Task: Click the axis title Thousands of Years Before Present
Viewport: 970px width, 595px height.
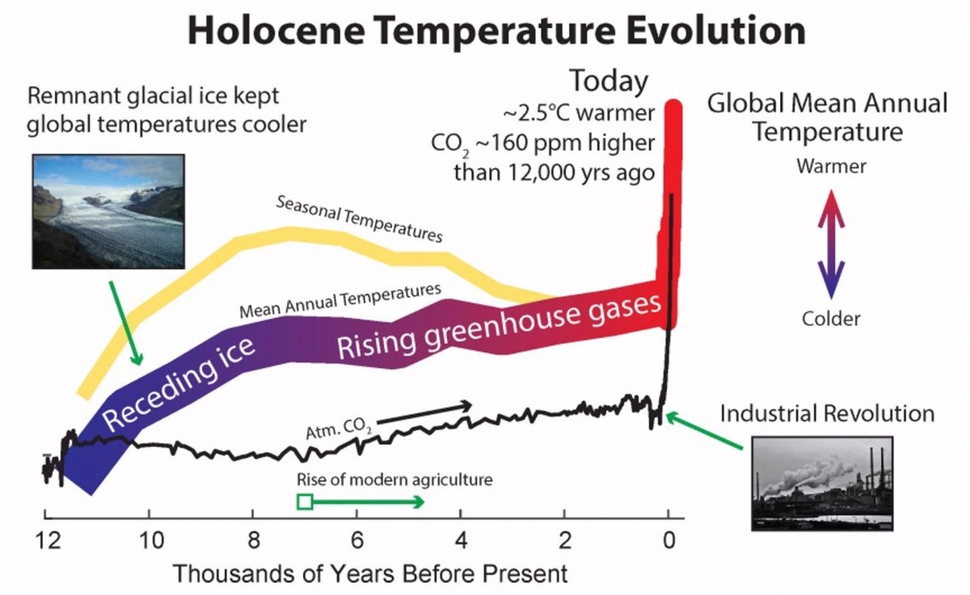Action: click(x=370, y=574)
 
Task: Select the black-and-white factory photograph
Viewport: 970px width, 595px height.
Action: click(x=822, y=483)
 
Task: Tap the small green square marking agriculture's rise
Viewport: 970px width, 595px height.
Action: click(x=305, y=502)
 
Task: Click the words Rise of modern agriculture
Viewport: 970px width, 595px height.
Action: click(x=394, y=479)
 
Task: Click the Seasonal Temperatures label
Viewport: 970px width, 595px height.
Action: click(x=360, y=218)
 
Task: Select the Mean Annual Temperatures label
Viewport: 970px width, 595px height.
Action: click(x=340, y=301)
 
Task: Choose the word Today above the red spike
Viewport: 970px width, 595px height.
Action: click(x=609, y=82)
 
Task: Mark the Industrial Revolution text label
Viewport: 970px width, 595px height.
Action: click(x=827, y=414)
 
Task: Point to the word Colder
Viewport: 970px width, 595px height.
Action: click(x=831, y=319)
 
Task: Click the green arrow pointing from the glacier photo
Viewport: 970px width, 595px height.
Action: click(x=126, y=322)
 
